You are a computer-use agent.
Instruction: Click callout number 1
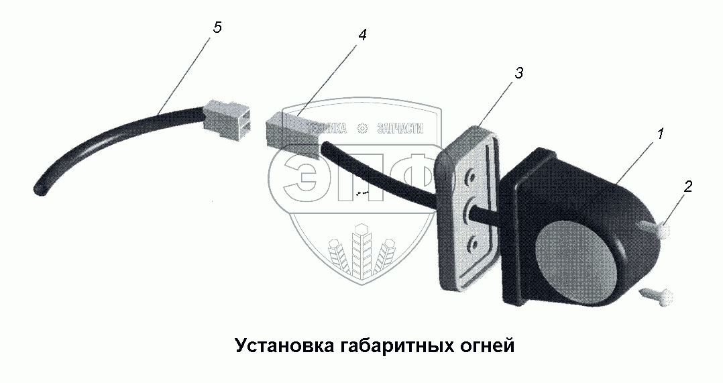tap(660, 134)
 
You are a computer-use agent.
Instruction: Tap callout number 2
tap(686, 187)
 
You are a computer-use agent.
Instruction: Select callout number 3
tap(518, 74)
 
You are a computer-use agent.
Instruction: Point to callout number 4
tap(362, 36)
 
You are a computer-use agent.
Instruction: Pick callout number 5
tap(216, 28)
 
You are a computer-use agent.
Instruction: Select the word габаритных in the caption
tap(396, 345)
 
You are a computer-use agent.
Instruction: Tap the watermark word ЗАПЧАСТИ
tap(400, 129)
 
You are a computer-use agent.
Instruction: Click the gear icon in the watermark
tap(362, 129)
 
